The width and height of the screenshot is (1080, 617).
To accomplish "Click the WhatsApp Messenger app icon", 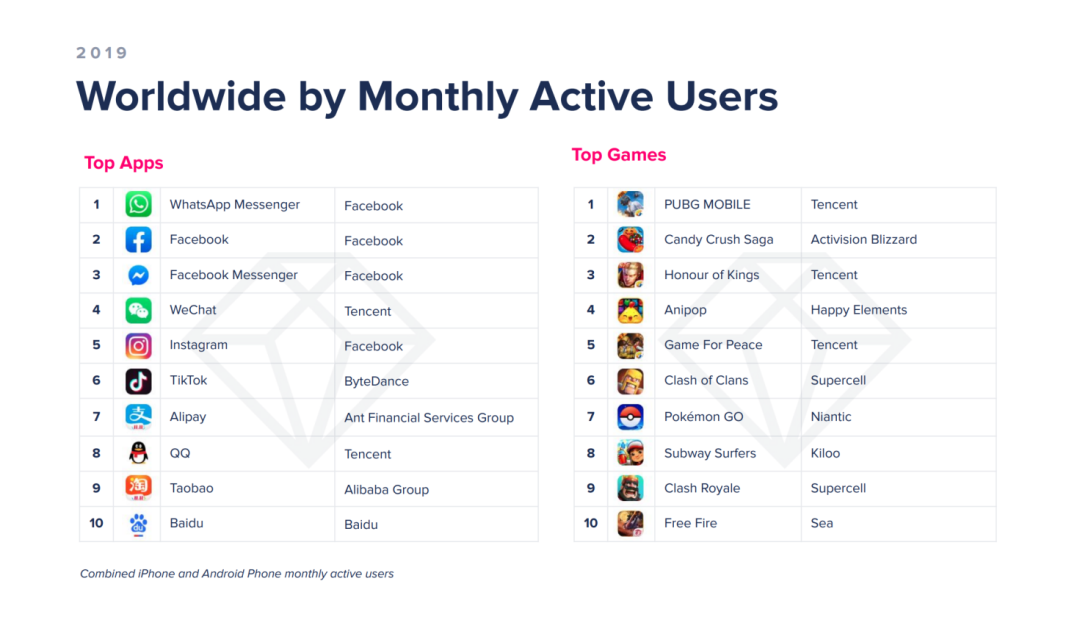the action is [138, 205].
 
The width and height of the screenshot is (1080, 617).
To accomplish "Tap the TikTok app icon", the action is [138, 381].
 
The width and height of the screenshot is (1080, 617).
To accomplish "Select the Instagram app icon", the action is [138, 346].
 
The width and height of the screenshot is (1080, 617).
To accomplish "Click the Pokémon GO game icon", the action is [630, 417].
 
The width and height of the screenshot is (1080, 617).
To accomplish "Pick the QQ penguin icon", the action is [138, 453].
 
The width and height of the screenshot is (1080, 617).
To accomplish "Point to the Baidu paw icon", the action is [138, 524].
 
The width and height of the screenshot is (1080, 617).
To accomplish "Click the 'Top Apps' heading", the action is [124, 163].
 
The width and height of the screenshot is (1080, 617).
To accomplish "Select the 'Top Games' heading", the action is [619, 155].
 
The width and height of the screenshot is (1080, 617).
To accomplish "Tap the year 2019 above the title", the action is [102, 53].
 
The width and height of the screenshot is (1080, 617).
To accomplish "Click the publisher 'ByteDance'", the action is [376, 381].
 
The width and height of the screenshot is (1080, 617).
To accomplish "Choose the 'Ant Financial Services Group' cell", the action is [429, 418].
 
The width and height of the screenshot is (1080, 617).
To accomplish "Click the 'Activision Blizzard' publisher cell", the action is [864, 240].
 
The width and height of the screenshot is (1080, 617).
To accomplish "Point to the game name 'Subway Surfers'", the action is [710, 453].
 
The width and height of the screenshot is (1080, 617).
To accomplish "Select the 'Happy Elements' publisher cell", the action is [859, 310].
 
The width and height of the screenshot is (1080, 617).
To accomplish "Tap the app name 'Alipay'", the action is [188, 417].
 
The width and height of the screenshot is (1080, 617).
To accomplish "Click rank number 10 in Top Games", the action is [591, 523].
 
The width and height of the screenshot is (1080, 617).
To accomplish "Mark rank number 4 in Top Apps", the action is [96, 310].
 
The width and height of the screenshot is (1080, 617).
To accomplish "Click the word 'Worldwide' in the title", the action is [181, 96].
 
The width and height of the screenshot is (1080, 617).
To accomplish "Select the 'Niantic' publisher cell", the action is [831, 417].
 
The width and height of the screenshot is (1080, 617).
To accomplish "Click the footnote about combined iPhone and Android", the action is [237, 574].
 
